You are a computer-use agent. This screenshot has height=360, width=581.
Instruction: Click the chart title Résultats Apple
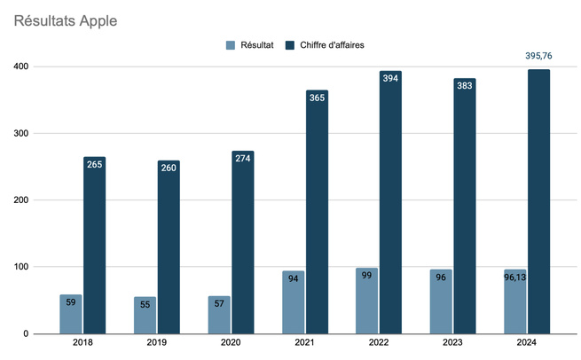[66, 19]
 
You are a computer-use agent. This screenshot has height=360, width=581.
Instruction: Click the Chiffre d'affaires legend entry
[333, 44]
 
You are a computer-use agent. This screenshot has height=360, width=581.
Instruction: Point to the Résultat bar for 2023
[441, 301]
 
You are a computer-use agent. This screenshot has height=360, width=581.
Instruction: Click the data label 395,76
[538, 56]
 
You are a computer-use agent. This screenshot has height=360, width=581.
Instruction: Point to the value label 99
[366, 276]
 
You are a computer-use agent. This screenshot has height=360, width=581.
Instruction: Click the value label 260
[169, 168]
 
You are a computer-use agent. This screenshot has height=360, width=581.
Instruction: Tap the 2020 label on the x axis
[231, 343]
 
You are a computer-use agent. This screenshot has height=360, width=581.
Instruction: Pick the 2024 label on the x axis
[527, 343]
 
